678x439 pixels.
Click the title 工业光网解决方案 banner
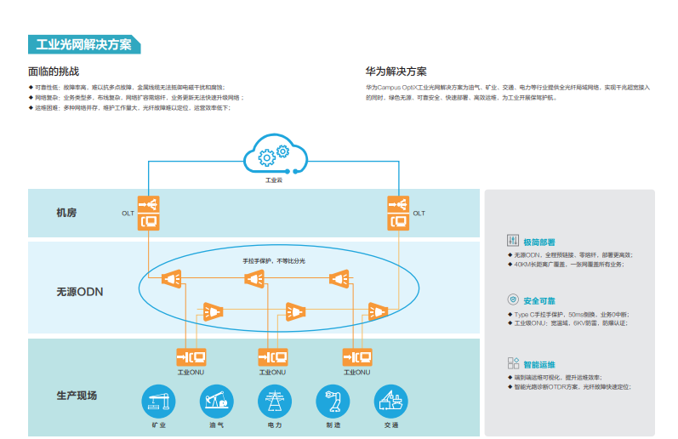click(x=83, y=45)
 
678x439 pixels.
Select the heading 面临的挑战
click(x=54, y=71)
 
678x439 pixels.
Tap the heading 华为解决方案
click(x=396, y=71)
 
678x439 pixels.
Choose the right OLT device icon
click(x=398, y=213)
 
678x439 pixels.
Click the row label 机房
click(x=66, y=213)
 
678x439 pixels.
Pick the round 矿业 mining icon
click(x=157, y=400)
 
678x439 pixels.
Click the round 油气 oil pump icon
click(x=216, y=400)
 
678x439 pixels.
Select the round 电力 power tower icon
click(x=274, y=400)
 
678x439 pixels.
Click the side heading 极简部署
click(x=539, y=241)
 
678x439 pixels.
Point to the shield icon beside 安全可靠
click(x=513, y=299)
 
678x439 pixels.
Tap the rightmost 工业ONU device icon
click(x=357, y=356)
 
